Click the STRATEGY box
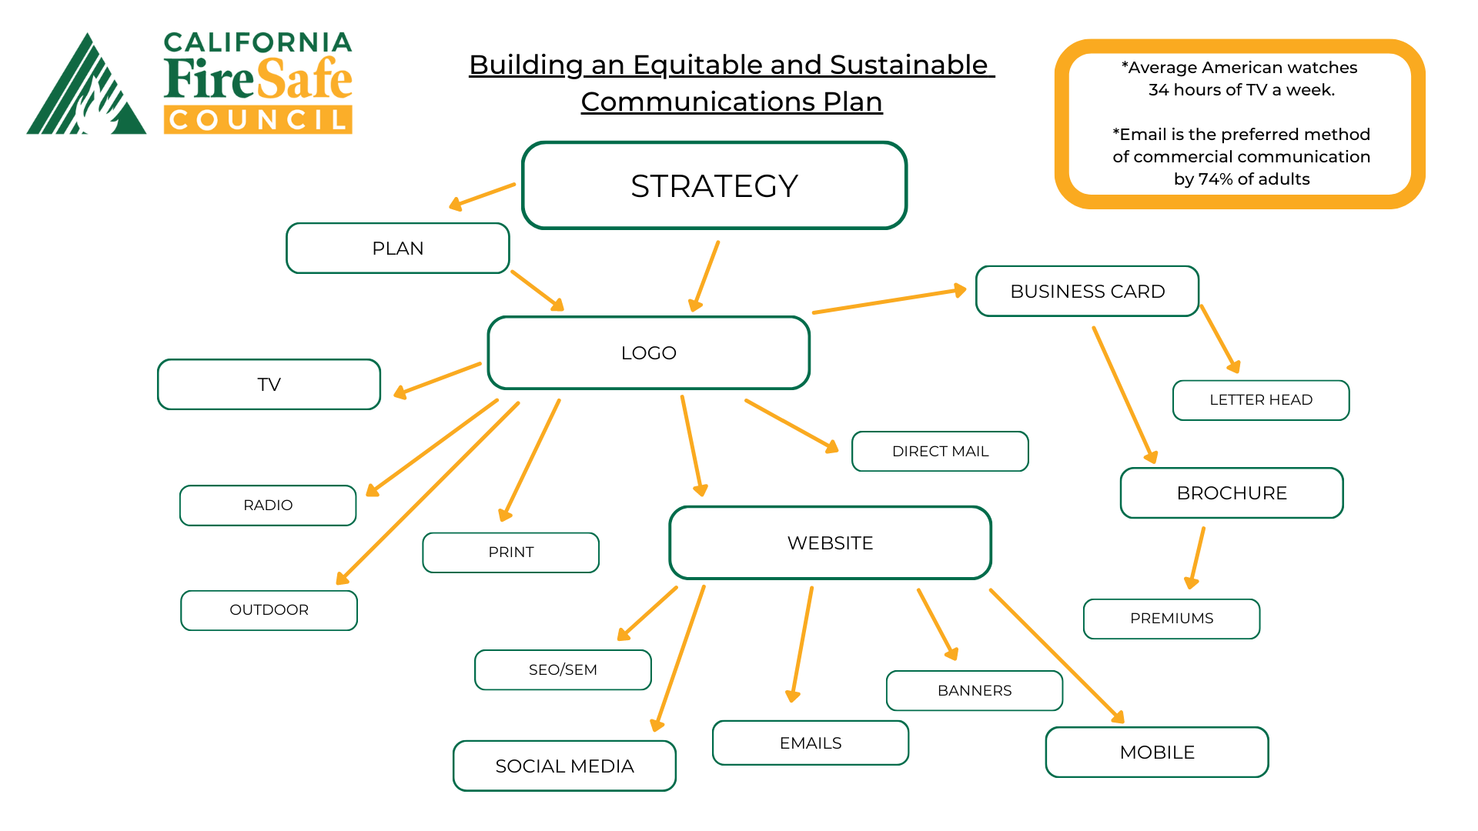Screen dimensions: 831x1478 (714, 185)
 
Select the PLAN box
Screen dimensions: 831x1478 (397, 249)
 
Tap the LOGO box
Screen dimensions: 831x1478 (648, 353)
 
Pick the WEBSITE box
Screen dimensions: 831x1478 (830, 543)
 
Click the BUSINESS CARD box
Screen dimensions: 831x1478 (1087, 292)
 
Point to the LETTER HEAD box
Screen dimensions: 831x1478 (1260, 400)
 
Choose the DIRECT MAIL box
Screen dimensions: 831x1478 (940, 452)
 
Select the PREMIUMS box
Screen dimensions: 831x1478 (1171, 619)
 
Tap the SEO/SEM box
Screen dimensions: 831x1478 (563, 670)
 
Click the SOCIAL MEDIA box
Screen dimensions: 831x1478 (564, 766)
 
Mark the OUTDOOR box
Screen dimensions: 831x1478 (269, 610)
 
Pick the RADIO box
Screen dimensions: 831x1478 (268, 506)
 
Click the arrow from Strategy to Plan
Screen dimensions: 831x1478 (483, 196)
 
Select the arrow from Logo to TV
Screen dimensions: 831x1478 (437, 380)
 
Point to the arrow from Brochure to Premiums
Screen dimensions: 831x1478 (1197, 558)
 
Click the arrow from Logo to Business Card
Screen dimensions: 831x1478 (889, 301)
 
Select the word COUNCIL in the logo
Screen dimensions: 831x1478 (258, 120)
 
